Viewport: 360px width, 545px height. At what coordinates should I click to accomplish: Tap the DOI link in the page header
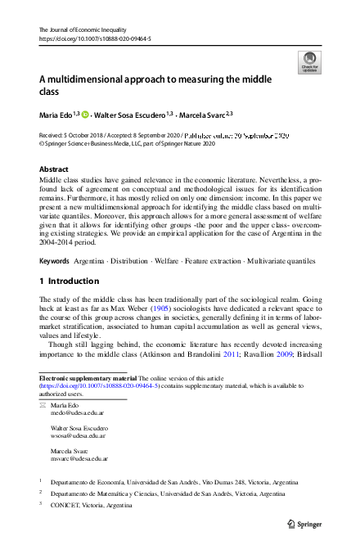94,38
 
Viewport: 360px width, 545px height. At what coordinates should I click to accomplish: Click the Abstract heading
54,169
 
